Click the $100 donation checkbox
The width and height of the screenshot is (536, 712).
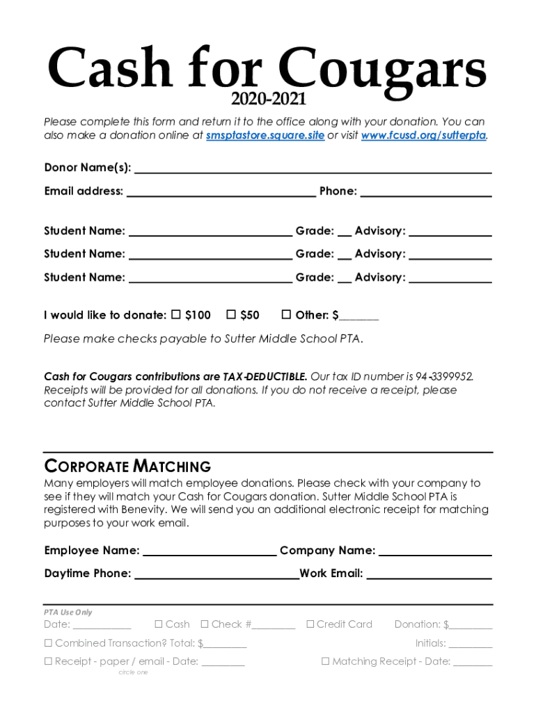point(175,315)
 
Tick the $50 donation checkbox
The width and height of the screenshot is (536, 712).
point(231,315)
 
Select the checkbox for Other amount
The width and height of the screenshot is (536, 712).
point(285,315)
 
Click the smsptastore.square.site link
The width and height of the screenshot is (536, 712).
point(265,136)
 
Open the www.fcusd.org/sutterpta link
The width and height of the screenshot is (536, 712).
point(423,136)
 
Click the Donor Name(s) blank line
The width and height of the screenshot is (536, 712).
point(313,168)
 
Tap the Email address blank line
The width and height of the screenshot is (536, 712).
point(221,191)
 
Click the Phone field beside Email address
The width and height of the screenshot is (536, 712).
point(425,191)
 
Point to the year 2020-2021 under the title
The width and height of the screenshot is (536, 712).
point(269,100)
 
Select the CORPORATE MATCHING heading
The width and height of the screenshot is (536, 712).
point(127,466)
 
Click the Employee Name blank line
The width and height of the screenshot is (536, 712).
point(210,551)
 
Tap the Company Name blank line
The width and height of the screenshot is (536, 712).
point(435,551)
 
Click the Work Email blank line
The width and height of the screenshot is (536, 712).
point(429,574)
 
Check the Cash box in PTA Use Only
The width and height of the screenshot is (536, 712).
point(159,624)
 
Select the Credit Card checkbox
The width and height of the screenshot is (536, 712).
point(310,624)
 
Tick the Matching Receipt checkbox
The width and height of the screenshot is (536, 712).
point(325,661)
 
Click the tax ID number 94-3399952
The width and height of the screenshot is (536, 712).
point(445,377)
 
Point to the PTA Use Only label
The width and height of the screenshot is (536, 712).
point(68,612)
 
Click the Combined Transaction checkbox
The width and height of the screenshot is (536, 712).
point(49,643)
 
